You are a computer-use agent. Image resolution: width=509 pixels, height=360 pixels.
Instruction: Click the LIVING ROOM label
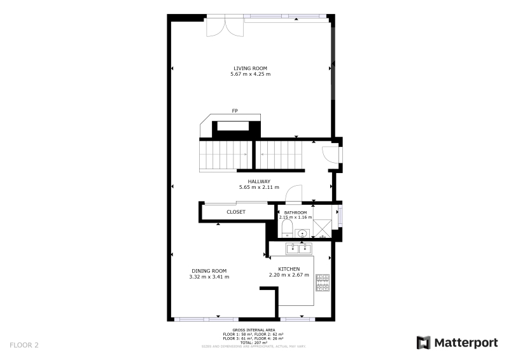pos(250,68)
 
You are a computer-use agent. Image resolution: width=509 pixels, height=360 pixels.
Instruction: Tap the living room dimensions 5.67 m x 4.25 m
pos(250,74)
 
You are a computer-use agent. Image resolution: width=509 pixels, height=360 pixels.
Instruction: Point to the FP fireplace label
pos(235,111)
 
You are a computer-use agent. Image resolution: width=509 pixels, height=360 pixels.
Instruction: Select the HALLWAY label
pos(259,181)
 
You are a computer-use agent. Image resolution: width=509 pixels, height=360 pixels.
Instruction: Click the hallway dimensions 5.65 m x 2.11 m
pos(259,187)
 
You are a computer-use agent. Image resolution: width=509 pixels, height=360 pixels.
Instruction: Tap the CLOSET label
pos(236,212)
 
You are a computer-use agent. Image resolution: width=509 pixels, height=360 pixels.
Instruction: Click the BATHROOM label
pos(295,212)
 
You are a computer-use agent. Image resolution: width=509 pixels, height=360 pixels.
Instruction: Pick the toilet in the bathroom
pos(288,228)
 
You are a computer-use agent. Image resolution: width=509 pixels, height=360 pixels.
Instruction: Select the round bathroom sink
pos(302,233)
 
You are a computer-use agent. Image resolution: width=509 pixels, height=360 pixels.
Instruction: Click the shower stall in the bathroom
pos(323,229)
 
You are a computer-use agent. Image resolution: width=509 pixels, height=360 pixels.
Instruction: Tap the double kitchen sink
pos(299,249)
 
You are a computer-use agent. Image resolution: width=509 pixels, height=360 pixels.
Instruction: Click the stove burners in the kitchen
pos(323,283)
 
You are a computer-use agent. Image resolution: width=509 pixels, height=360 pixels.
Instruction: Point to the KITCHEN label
pos(289,269)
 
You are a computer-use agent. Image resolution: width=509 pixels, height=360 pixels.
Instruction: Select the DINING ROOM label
pos(209,271)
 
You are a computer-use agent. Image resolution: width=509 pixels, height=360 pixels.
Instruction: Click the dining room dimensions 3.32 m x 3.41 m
pos(209,277)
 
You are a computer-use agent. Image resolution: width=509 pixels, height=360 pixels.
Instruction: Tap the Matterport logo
pos(457,343)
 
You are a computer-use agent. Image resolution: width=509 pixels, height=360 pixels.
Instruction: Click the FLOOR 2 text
pos(24,345)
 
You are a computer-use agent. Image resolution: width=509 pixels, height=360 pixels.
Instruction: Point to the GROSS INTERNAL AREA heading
pos(253,330)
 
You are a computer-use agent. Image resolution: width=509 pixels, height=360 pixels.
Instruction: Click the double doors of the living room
pos(225,27)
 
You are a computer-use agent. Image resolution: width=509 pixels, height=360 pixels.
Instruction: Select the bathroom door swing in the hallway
pos(293,193)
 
